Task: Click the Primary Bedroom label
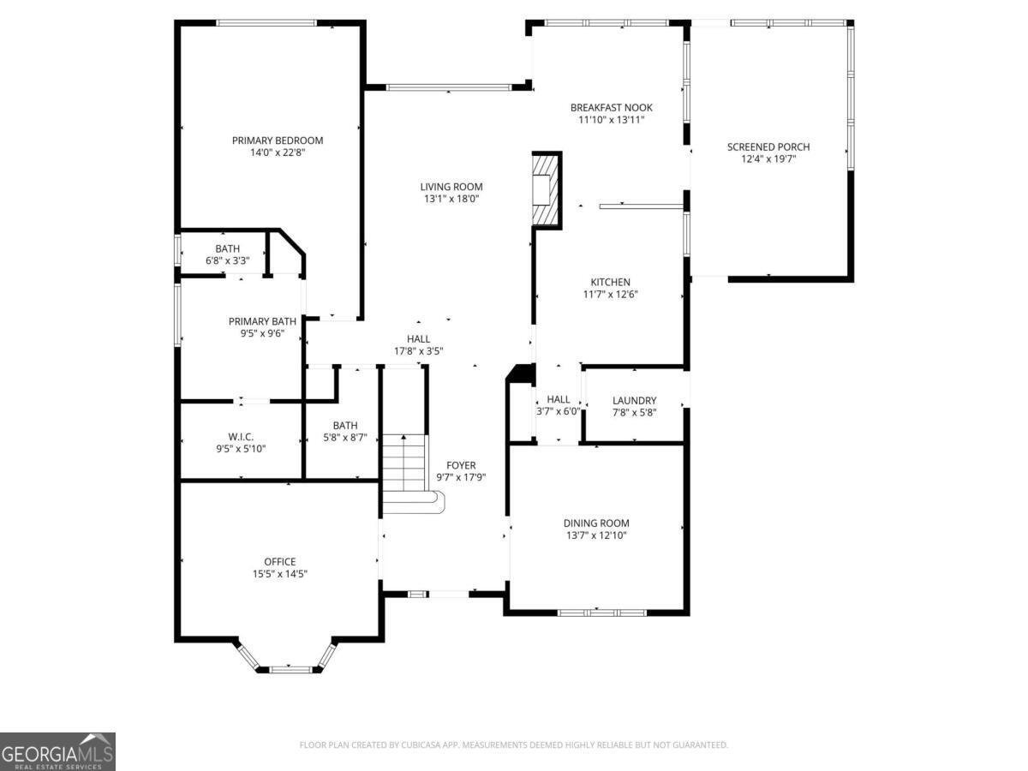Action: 278,140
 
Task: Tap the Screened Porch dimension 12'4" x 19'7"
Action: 768,158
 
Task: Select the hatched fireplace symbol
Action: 545,189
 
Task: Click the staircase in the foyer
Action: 405,471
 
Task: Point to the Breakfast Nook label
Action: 612,108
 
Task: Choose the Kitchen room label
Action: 610,282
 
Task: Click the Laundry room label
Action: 634,400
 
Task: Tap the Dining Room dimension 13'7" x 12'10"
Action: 596,535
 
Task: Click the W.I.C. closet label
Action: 241,436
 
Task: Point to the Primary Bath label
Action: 262,321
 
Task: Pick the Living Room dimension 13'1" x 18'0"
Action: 451,199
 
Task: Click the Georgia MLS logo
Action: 57,751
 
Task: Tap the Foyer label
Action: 461,465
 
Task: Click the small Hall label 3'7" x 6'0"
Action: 559,410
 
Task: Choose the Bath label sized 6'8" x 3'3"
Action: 227,260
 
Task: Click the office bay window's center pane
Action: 290,667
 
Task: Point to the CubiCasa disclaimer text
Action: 513,745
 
